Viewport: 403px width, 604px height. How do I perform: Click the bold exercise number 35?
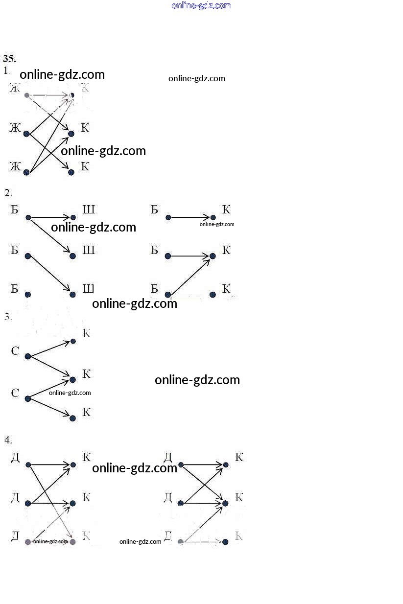9,58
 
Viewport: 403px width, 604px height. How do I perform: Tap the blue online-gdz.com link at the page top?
201,5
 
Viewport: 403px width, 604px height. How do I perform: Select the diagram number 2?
8,192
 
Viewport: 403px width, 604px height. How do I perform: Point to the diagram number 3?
8,316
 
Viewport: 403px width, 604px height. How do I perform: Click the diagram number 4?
8,440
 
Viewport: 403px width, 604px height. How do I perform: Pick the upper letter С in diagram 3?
15,351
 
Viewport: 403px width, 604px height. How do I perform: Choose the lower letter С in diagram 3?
15,393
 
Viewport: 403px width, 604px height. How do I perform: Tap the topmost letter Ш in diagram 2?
89,210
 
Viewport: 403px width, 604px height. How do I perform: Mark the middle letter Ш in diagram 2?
89,251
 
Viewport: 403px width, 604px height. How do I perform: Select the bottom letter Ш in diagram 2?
89,289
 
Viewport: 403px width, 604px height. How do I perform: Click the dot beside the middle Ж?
26,134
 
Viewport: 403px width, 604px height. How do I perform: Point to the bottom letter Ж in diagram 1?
15,167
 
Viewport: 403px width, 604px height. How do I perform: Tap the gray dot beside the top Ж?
27,95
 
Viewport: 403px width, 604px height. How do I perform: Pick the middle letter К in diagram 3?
86,374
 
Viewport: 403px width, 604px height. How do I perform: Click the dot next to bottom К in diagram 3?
73,418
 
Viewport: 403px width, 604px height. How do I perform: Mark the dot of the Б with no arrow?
28,294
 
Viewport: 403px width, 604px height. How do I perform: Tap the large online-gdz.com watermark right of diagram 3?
197,380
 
